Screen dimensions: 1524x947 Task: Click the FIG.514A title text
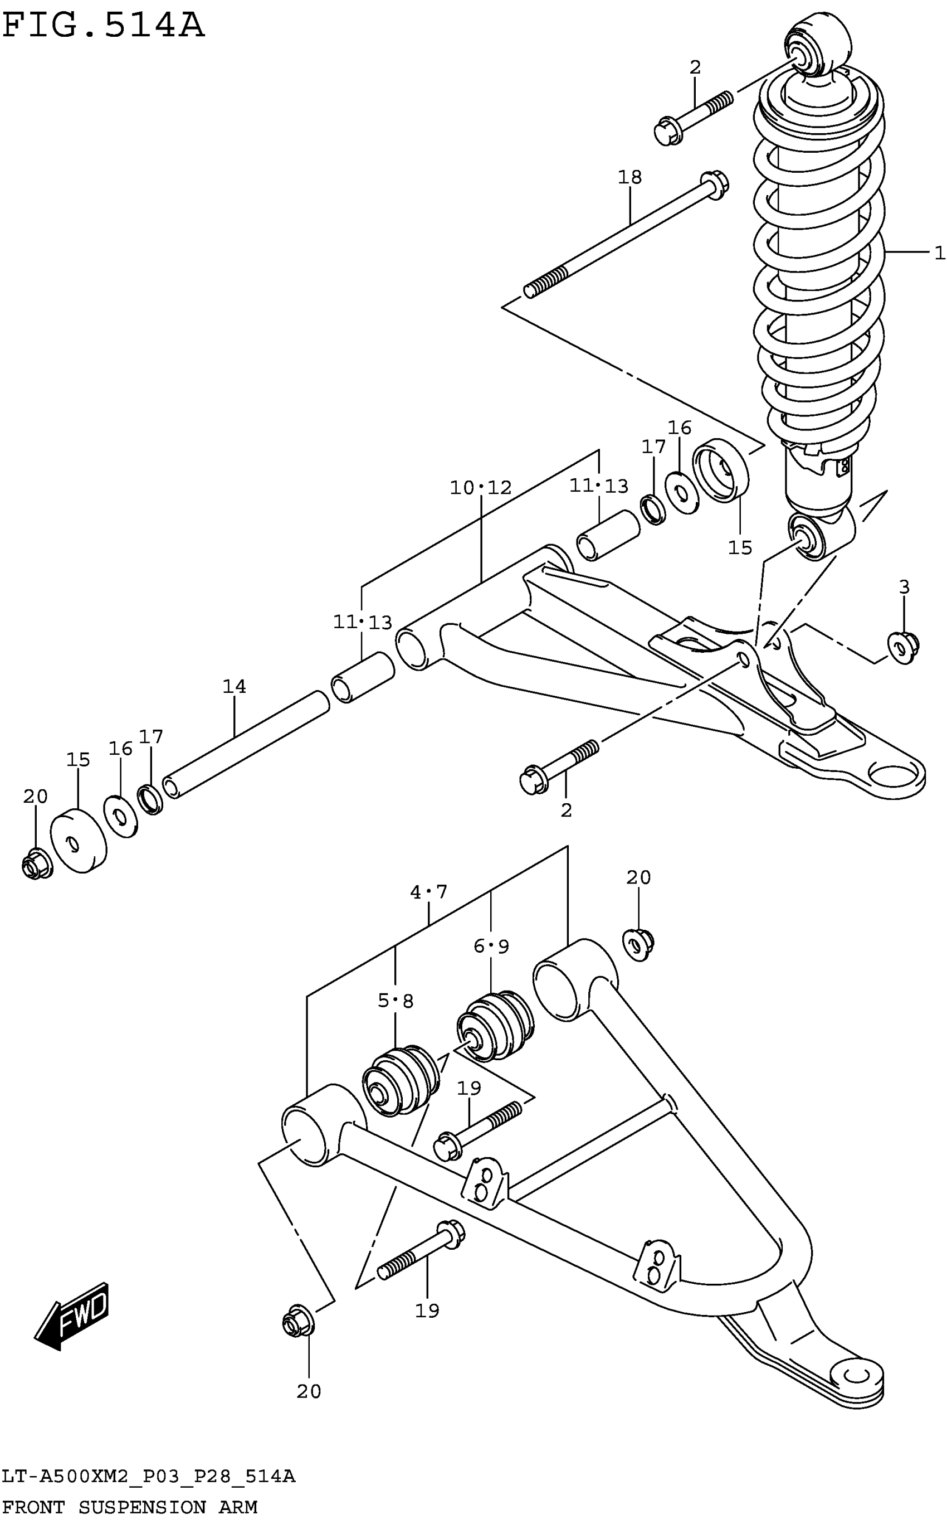pyautogui.click(x=104, y=26)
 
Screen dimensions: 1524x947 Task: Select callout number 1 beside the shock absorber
pyautogui.click(x=938, y=253)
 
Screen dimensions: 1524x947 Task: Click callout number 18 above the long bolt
pyautogui.click(x=630, y=177)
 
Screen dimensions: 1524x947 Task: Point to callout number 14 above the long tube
pyautogui.click(x=235, y=687)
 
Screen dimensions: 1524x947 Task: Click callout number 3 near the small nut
pyautogui.click(x=904, y=587)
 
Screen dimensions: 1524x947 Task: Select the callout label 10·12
pyautogui.click(x=480, y=488)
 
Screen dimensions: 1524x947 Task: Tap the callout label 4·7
pyautogui.click(x=428, y=892)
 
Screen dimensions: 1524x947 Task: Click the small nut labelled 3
pyautogui.click(x=903, y=647)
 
